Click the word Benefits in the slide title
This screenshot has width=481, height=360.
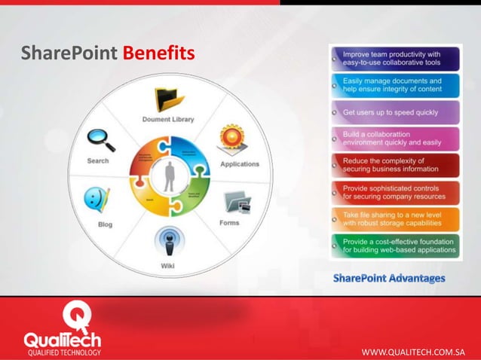coord(158,54)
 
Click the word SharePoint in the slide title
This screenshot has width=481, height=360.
coord(69,54)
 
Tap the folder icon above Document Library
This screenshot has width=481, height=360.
coord(170,99)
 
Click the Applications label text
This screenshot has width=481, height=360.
coord(239,163)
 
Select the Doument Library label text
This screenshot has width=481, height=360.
coord(168,119)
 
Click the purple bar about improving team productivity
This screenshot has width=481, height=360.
coord(394,59)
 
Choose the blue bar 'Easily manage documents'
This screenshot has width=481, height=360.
coord(394,84)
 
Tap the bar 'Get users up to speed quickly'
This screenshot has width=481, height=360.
coord(394,111)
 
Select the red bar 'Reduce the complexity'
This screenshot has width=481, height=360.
coord(394,165)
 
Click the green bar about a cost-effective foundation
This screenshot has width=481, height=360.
coord(394,245)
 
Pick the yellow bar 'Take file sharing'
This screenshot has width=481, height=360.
coord(394,218)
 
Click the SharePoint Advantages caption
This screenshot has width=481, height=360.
coord(389,279)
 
